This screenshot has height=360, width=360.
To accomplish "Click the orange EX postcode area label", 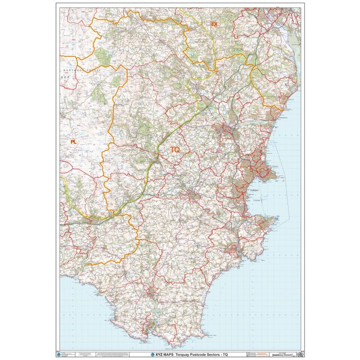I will click(x=214, y=24).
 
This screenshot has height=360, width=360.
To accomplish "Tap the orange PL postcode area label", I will click(x=73, y=141).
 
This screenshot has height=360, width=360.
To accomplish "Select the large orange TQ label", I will click(x=175, y=149).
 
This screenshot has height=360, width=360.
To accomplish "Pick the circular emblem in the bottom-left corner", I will click(x=63, y=354).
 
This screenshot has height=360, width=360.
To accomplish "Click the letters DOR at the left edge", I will click(x=65, y=76).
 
